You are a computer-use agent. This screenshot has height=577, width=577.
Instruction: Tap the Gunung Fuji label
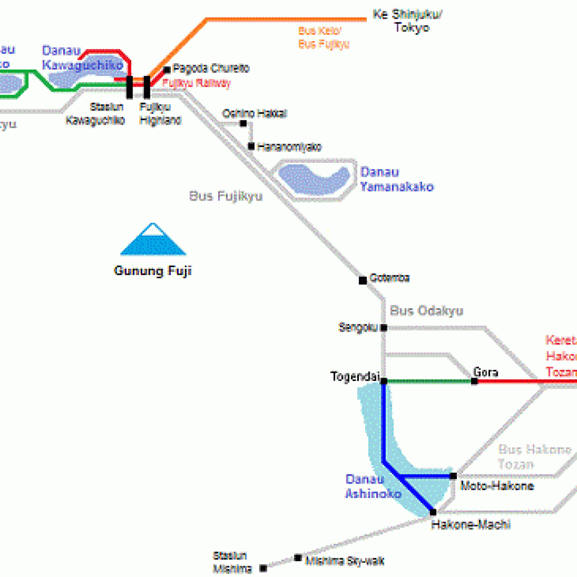click(x=153, y=271)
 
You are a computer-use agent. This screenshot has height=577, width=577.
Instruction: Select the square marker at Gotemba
click(x=363, y=280)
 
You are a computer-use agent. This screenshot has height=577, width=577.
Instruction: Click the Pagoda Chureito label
click(x=211, y=69)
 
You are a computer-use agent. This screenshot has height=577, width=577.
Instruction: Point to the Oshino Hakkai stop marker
click(x=243, y=123)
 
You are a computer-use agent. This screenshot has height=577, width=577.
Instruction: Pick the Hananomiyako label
click(x=289, y=147)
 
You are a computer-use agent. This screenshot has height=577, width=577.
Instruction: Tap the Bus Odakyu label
click(x=427, y=310)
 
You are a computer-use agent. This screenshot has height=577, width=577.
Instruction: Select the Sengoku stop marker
click(x=384, y=327)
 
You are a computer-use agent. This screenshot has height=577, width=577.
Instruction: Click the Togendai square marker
click(x=384, y=381)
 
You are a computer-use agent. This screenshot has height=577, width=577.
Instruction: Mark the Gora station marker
click(x=474, y=381)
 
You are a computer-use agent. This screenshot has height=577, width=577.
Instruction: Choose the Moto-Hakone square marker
click(x=453, y=476)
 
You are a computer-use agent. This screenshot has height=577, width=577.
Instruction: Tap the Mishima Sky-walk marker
click(x=298, y=558)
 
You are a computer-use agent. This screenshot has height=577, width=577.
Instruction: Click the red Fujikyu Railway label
click(x=197, y=83)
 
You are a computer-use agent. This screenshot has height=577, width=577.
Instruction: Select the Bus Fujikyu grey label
click(x=226, y=197)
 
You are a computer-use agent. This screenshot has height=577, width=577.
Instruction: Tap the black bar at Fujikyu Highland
click(x=147, y=87)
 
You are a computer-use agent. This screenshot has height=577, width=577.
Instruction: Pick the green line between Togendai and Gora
click(x=429, y=381)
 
